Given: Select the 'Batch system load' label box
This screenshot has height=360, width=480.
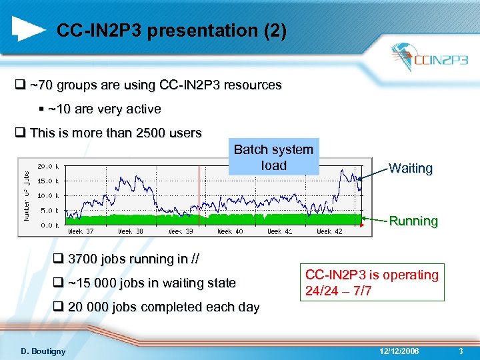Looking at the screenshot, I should coord(273,158).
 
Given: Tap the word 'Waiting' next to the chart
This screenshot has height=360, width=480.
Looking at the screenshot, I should coord(411,169).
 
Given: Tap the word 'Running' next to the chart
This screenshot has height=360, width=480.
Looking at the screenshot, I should coord(413,221).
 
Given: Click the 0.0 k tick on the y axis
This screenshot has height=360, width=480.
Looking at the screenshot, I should coord(51,225).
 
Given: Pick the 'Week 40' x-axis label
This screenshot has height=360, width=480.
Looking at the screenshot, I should coord(231,232).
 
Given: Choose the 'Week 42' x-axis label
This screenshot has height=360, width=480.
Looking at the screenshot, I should coord(329,232).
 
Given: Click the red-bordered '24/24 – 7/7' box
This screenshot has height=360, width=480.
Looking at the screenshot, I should coord(372,283).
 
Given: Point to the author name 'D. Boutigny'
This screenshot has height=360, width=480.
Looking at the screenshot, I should coord(43,351).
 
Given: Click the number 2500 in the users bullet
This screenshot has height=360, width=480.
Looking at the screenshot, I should coord(153,133).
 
